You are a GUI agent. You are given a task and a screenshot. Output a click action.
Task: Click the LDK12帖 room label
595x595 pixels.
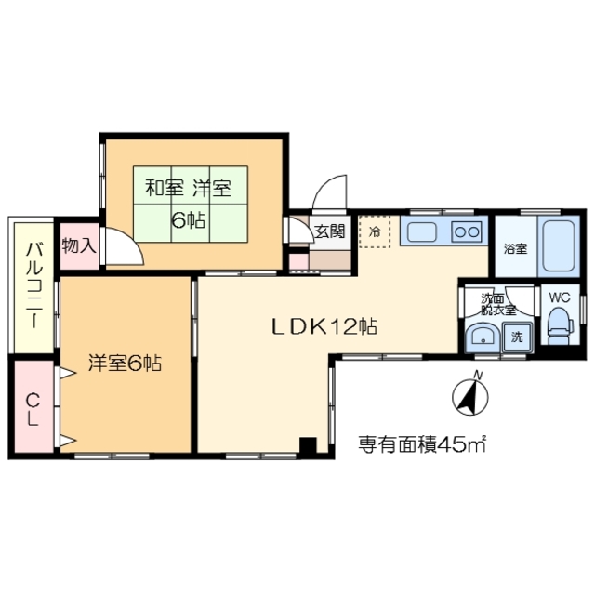pos(324,326)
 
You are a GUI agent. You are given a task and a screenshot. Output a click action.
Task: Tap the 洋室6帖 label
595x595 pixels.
pos(126,364)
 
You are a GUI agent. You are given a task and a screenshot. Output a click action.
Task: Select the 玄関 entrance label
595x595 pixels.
pos(328,231)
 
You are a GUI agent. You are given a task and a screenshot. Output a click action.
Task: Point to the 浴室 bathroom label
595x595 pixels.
pos(515,249)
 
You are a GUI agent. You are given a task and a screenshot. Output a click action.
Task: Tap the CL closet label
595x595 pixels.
pos(32,410)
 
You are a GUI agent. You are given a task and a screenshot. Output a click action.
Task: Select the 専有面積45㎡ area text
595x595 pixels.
pos(423,444)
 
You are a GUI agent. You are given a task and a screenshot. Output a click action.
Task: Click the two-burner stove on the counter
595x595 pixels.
pos(467,231)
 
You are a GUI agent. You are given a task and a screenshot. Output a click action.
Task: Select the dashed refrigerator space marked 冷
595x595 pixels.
pos(376,231)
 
